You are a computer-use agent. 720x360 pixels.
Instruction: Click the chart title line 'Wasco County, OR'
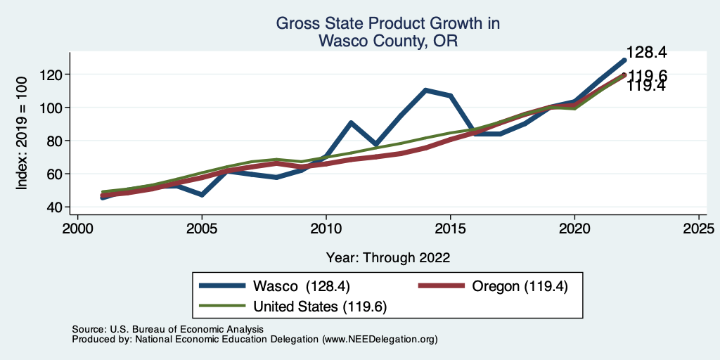click(387, 41)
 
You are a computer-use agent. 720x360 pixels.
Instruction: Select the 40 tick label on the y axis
click(54, 207)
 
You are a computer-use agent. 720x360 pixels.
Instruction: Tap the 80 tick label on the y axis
click(54, 141)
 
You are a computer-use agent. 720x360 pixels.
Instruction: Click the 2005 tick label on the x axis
click(202, 229)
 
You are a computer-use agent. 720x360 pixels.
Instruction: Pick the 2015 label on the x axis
click(451, 229)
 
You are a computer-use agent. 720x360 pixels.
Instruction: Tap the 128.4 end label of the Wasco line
click(647, 53)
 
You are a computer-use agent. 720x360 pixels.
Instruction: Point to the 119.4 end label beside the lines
click(647, 86)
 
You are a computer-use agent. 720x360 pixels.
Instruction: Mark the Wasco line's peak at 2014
click(426, 90)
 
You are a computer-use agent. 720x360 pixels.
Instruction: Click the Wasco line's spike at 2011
click(351, 123)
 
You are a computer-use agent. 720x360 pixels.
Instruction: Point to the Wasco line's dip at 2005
click(202, 194)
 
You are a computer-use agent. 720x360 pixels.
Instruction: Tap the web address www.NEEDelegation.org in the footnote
click(380, 339)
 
